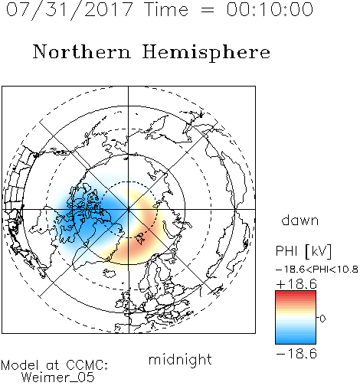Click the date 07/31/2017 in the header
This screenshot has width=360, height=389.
69,10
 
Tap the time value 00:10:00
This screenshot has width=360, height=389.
270,10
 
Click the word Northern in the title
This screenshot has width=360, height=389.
82,51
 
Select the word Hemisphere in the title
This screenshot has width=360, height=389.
206,53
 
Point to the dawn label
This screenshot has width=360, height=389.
300,221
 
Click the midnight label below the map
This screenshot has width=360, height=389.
180,360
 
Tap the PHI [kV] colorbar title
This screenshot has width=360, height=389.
303,251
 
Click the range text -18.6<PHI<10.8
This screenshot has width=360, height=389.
317,270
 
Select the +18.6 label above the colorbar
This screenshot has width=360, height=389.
296,284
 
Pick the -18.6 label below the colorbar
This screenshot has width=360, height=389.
296,354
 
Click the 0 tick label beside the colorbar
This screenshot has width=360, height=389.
322,319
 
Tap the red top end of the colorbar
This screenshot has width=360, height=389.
296,293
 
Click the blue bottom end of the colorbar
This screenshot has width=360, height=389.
296,342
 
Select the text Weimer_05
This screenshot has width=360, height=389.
58,377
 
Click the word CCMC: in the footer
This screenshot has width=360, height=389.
87,365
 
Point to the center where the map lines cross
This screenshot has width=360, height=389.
129,210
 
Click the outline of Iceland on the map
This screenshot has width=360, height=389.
110,273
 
